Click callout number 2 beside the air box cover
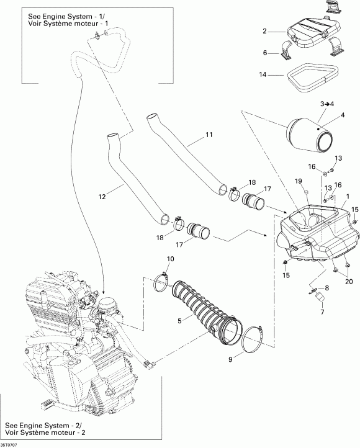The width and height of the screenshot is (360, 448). [264, 31]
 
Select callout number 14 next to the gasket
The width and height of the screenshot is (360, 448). [263, 74]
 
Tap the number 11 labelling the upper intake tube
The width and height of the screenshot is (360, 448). [209, 134]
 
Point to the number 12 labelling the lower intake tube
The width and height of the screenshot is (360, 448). [102, 197]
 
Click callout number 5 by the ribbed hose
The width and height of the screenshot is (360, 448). [179, 321]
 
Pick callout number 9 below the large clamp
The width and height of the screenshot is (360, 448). [230, 359]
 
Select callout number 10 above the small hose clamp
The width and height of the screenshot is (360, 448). [170, 259]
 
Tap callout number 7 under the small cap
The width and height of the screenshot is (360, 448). [322, 312]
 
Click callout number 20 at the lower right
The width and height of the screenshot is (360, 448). [349, 282]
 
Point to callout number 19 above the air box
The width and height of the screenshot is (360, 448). [299, 181]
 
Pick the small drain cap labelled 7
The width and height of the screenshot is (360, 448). [320, 297]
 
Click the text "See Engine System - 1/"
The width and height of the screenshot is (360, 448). [60, 17]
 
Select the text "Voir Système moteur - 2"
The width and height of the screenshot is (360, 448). [45, 432]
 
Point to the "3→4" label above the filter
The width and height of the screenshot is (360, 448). [327, 104]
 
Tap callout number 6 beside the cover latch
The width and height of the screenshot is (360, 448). [265, 53]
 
